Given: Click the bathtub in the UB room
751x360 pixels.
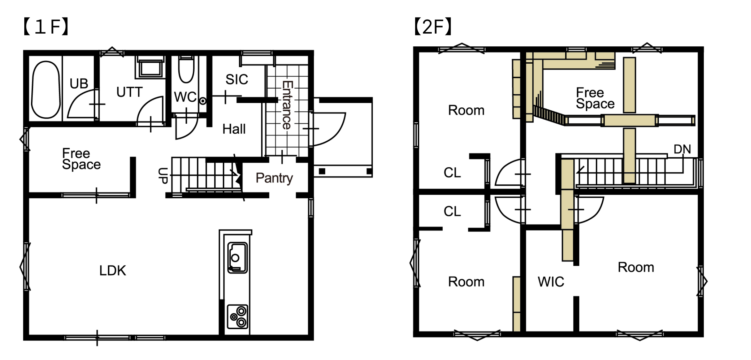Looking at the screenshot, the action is (46, 90).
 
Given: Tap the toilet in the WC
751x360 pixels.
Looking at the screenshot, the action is (186, 69).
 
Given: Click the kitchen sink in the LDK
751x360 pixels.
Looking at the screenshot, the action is (237, 258).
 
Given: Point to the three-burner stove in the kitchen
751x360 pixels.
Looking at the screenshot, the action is (237, 317).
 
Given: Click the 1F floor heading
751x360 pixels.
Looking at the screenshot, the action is (46, 27).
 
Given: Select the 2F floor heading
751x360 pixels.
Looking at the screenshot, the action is (433, 27).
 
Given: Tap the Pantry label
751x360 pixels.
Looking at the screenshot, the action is (274, 178).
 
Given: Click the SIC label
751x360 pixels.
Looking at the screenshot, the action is (237, 79).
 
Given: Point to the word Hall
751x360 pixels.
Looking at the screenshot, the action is (234, 129).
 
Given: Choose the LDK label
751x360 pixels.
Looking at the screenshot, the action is (112, 270).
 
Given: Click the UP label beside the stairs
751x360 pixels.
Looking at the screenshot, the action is (163, 176).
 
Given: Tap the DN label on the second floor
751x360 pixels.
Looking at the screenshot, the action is (682, 149).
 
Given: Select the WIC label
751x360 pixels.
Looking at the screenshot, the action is (551, 282).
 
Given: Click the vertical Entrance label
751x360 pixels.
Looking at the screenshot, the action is (287, 105).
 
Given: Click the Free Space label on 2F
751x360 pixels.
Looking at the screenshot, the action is (595, 98).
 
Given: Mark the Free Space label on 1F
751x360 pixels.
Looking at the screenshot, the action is (81, 159).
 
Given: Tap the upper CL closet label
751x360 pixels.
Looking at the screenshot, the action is (452, 173).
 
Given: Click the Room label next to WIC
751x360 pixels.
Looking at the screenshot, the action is (636, 267).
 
